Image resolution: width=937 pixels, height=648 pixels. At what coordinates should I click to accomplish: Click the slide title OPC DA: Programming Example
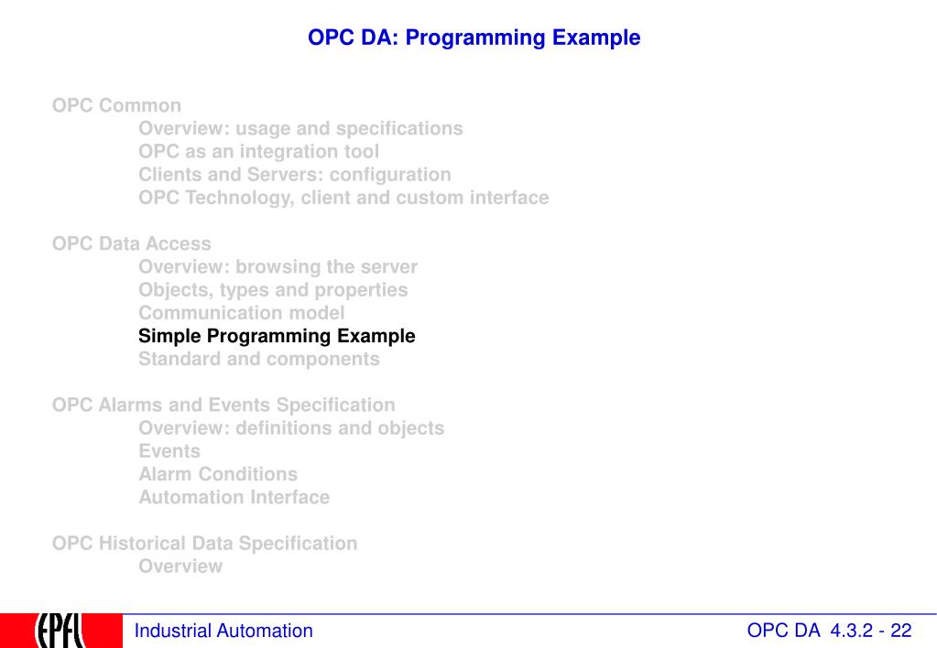(474, 38)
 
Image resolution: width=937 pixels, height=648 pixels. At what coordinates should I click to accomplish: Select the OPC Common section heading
(116, 105)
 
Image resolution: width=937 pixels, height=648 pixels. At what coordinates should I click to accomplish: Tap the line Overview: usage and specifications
(300, 129)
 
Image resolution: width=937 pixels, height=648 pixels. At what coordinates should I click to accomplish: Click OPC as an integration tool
(258, 152)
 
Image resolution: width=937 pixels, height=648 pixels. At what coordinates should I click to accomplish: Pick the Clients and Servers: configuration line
(295, 175)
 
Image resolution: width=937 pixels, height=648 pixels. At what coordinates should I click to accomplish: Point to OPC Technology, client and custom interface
(343, 198)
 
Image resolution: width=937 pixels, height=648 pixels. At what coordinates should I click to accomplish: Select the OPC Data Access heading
(132, 243)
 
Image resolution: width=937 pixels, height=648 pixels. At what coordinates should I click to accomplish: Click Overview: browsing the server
(278, 266)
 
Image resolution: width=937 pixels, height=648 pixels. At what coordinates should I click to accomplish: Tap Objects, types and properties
(273, 290)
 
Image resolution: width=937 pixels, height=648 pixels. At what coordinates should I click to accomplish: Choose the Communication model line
(242, 313)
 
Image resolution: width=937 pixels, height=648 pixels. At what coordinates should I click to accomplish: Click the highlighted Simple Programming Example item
(277, 336)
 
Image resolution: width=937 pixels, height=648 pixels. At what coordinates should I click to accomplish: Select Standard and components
(258, 360)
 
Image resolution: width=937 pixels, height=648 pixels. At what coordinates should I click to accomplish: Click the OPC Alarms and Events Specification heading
(223, 405)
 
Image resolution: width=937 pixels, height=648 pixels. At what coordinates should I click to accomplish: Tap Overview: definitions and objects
(291, 428)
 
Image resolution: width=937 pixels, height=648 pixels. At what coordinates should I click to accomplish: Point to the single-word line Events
(169, 451)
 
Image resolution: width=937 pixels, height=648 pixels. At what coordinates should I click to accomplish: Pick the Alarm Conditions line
(218, 474)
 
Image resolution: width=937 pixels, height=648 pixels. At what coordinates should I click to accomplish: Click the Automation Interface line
(234, 498)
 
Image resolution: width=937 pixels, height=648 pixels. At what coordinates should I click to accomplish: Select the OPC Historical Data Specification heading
(204, 544)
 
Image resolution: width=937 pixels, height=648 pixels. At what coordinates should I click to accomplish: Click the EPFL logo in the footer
(61, 631)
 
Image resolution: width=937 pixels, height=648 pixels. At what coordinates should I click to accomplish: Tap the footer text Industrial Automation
(223, 631)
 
